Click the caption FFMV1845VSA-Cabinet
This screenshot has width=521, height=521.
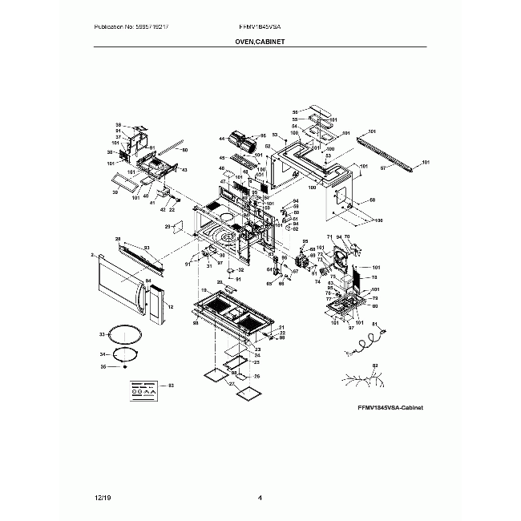390,408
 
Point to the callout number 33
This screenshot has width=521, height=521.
102,333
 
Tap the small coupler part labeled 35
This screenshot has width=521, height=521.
125,367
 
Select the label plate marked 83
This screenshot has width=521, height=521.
143,390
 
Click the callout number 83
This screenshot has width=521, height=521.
171,386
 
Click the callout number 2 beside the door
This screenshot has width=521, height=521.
93,256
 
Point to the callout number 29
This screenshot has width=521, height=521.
168,227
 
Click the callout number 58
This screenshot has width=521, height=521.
372,200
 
